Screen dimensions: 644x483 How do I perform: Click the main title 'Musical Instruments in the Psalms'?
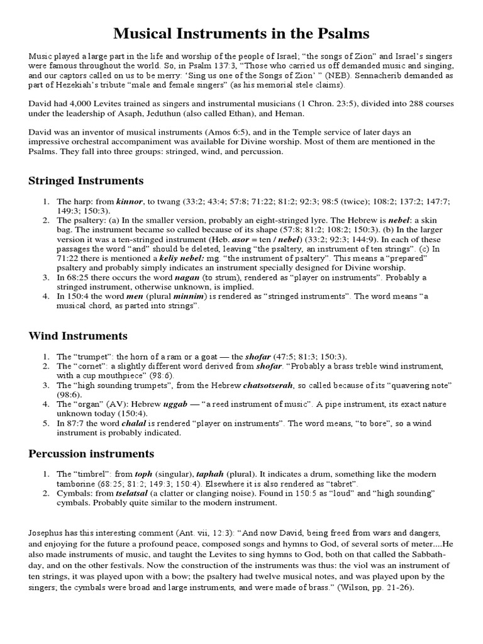[241, 33]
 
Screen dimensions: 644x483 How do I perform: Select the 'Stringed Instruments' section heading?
[86, 180]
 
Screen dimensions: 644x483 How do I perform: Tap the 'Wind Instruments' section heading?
[78, 336]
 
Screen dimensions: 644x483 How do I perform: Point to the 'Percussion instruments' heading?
[91, 453]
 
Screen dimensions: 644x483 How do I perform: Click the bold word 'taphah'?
[212, 474]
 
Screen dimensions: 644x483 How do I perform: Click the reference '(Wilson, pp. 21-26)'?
[373, 588]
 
